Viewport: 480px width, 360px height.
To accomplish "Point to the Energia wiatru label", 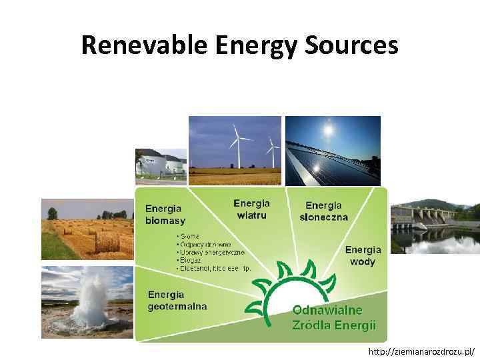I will (x=251, y=209).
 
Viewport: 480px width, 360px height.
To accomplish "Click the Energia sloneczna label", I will (x=323, y=211).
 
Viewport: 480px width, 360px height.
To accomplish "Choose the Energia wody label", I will (x=363, y=255).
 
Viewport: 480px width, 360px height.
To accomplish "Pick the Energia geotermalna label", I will (x=177, y=300).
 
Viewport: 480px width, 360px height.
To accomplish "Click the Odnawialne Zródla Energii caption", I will (x=334, y=317).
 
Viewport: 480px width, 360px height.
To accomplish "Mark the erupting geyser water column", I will (x=92, y=300).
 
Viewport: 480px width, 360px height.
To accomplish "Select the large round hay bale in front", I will (x=107, y=241).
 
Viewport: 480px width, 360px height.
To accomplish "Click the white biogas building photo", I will (x=161, y=164).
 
